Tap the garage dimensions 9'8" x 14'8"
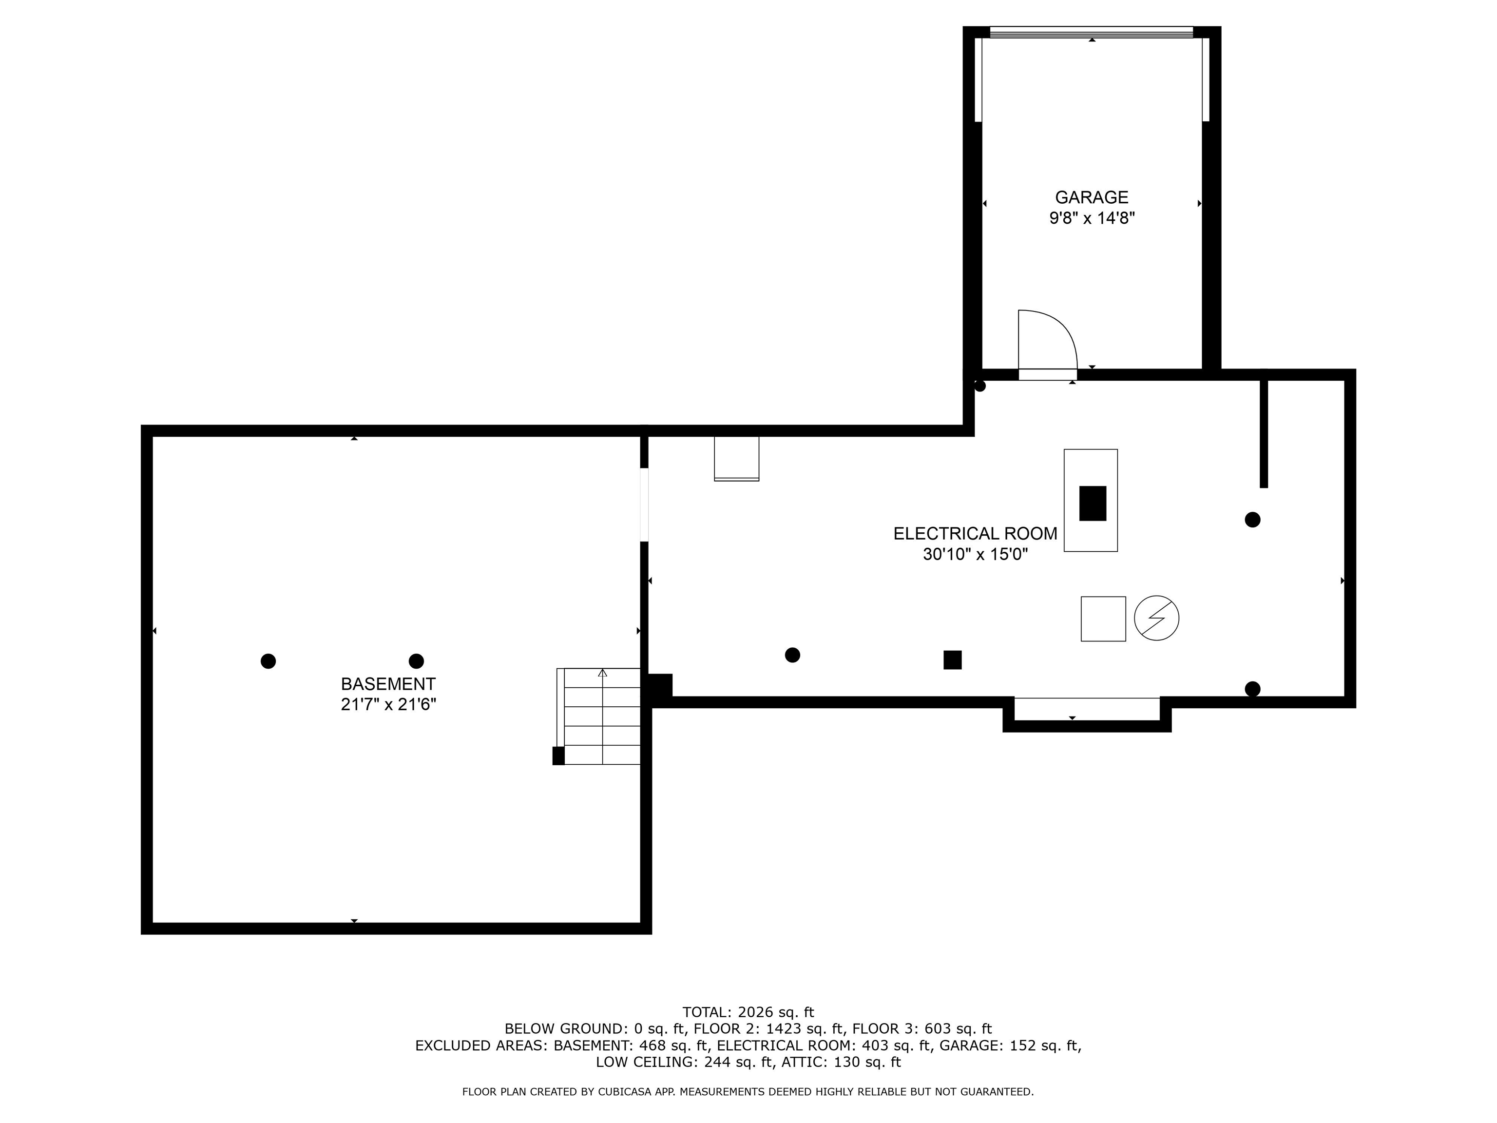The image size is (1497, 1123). point(1091,218)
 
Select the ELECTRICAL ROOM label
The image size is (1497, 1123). point(975,533)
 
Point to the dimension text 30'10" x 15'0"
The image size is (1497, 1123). point(975,554)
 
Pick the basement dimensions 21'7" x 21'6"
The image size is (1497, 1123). point(388,704)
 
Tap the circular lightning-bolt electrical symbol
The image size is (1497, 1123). point(1156,618)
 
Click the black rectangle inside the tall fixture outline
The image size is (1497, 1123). point(1093,503)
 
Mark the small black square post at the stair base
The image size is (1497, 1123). point(558,755)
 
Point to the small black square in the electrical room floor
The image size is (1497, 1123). point(952,659)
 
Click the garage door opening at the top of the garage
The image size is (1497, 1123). point(1091,32)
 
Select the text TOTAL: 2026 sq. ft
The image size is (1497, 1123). point(748,1012)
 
